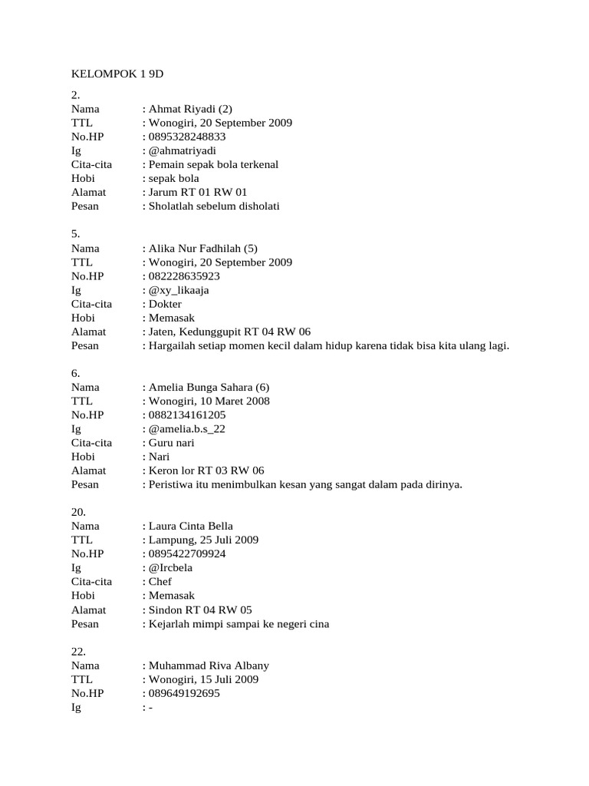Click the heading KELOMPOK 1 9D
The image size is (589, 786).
(117, 74)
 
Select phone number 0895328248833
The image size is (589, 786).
(188, 137)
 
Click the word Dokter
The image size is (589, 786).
(165, 304)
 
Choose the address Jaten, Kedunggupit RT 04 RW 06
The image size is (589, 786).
(229, 332)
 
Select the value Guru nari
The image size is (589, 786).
(171, 442)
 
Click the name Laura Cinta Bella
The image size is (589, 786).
(190, 526)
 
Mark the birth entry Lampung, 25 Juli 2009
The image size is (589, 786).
(203, 540)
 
